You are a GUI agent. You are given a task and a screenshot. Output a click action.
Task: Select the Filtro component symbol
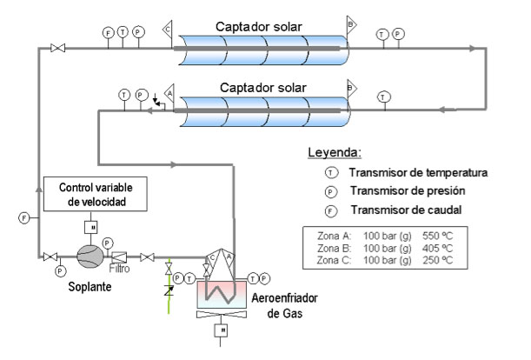[x=122, y=257]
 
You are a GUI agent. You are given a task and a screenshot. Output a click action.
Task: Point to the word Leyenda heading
[x=334, y=153]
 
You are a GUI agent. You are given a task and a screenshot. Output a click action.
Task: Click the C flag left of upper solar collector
[x=167, y=28]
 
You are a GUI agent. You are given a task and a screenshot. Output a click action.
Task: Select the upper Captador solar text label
[x=261, y=25]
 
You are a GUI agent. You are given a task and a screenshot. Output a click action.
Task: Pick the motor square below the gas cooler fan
[x=222, y=331]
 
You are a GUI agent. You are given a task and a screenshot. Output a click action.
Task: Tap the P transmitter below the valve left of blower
[x=60, y=271]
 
